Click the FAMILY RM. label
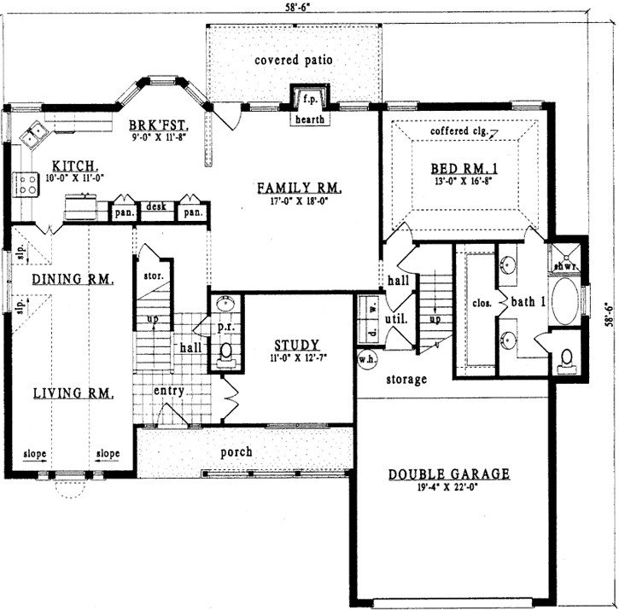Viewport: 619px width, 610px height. pos(301,187)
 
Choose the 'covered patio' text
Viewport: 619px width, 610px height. pos(294,61)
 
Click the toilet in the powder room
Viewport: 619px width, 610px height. pos(226,351)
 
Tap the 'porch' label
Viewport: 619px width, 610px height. pos(237,451)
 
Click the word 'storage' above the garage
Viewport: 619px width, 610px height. pos(406,379)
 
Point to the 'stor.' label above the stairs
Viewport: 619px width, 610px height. pos(154,276)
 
